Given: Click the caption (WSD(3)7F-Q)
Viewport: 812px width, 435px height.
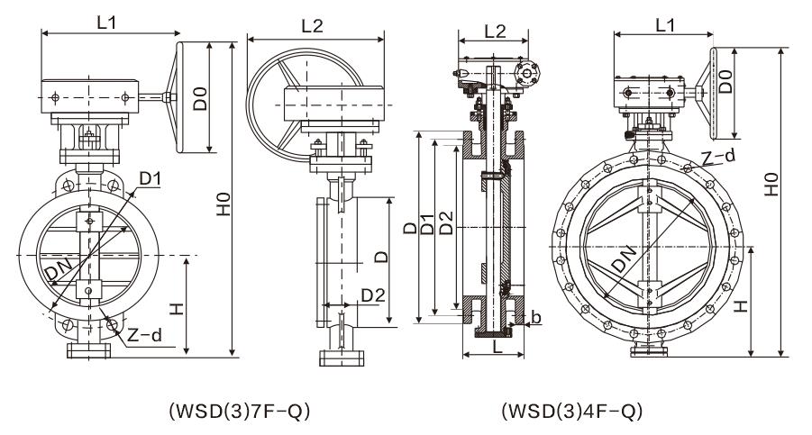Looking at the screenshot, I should (x=239, y=412).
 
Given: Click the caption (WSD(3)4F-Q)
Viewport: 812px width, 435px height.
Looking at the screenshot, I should (x=571, y=412).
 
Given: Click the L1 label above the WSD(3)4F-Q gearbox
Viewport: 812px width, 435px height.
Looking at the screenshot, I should (x=665, y=26).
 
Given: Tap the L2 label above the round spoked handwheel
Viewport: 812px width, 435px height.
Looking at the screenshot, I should (x=312, y=26).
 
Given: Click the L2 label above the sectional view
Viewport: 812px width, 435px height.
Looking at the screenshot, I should (x=495, y=30).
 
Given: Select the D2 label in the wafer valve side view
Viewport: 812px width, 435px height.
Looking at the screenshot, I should (x=373, y=295).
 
